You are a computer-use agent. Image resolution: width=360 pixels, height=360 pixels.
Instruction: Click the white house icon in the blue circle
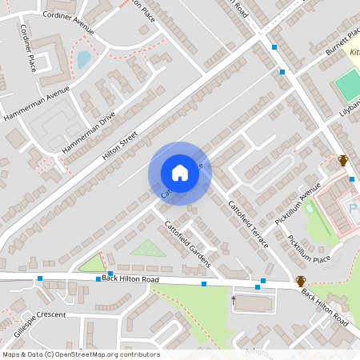pos(180,173)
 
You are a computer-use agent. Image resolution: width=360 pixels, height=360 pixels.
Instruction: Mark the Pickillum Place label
pos(310,249)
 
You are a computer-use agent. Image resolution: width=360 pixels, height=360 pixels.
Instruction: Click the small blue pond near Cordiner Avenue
pos(83,59)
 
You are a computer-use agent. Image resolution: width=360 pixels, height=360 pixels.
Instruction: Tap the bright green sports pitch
pos(349,85)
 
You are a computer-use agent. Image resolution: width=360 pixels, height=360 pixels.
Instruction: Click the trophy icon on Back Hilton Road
pos(302,281)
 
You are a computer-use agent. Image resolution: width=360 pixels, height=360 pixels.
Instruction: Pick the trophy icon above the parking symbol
pos(343,160)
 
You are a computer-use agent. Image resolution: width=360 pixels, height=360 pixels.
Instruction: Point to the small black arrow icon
pos(234,300)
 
